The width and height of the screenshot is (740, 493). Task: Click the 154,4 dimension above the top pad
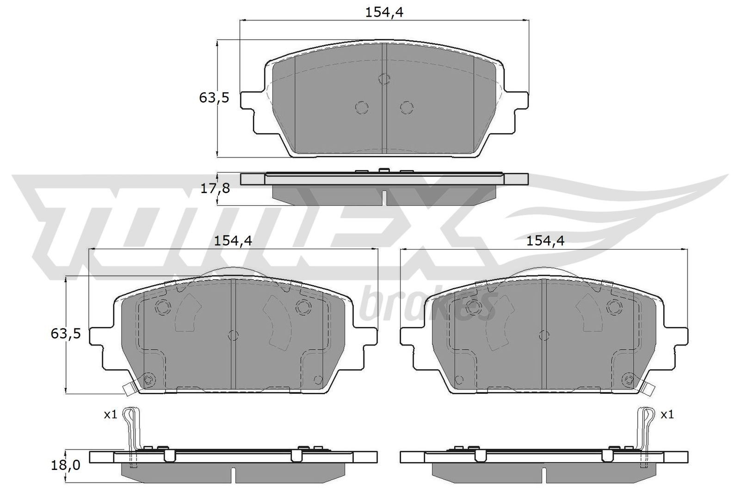tap(384, 12)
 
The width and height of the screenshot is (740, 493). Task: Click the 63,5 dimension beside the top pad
tap(214, 97)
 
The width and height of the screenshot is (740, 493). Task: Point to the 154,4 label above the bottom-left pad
tap(233, 241)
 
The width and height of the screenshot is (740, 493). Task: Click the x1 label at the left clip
tap(110, 414)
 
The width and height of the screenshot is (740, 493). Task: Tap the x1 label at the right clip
tap(666, 414)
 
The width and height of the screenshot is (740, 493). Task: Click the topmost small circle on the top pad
tap(384, 79)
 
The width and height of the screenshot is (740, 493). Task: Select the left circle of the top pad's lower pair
tap(362, 107)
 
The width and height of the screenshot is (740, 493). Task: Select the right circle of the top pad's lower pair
tap(406, 107)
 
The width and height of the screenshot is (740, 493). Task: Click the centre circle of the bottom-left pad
tap(234, 335)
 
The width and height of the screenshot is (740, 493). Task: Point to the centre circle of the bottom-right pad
tap(545, 335)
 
